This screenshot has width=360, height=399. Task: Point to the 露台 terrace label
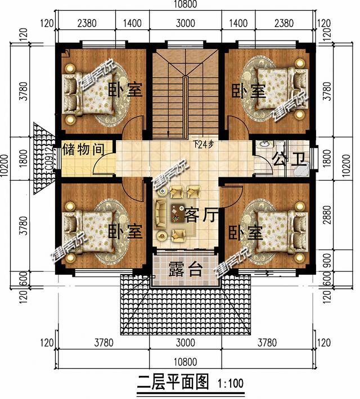coord(185,270)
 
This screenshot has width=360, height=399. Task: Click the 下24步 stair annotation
coord(203,144)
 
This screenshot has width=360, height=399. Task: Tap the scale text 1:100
coord(230,384)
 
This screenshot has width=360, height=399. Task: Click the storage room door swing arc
coord(101,164)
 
